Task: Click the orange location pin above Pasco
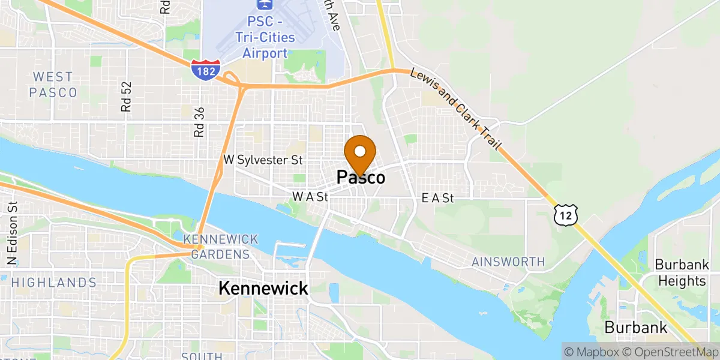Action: point(360,152)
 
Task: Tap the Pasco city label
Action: point(361,177)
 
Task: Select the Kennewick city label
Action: point(263,288)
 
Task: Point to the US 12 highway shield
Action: point(566,214)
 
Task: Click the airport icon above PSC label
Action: point(263,5)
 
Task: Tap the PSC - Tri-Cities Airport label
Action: point(265,45)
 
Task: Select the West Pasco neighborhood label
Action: point(53,85)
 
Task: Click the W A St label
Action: point(310,196)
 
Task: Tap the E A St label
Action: point(437,197)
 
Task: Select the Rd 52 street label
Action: point(126,97)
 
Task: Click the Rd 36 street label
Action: point(200,122)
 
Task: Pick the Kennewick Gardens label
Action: point(220,247)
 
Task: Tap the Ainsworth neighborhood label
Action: point(508,262)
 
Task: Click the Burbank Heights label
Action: point(680,272)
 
